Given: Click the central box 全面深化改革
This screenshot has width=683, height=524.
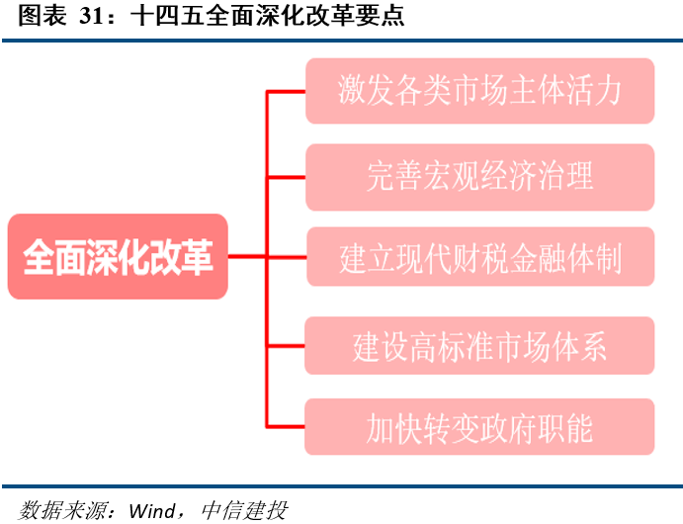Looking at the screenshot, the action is (118, 256).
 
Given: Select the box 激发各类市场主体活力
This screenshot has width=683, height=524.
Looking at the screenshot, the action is (480, 91).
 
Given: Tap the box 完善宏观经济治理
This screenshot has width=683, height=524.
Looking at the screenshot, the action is (480, 177).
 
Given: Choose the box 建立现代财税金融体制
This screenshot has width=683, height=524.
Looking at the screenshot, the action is (480, 256).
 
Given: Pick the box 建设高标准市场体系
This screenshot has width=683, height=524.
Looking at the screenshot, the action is (479, 346).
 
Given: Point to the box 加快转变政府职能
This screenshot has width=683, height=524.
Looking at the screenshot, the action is (479, 427).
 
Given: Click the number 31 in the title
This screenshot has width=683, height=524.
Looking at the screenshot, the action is (92, 16).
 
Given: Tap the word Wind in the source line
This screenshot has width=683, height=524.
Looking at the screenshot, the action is (152, 510).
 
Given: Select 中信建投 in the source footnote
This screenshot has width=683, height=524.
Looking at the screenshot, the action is (245, 510).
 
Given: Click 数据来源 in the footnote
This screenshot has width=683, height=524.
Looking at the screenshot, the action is (62, 510).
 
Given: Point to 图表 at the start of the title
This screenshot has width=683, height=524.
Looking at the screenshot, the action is (43, 16).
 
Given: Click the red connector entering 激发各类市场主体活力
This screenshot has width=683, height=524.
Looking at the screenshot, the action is (286, 92).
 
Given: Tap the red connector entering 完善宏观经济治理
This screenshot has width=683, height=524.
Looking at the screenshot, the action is (286, 177).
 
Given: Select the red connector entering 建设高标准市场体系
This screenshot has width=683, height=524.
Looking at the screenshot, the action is (286, 346).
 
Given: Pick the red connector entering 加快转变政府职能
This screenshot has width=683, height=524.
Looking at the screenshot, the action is (286, 426).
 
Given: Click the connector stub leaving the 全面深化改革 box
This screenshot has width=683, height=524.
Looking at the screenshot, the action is (247, 256).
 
